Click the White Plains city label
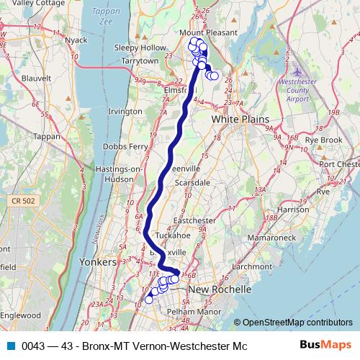pyautogui.click(x=240, y=119)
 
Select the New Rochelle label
pyautogui.click(x=219, y=289)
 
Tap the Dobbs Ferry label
pyautogui.click(x=126, y=145)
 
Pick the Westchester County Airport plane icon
pyautogui.click(x=298, y=73)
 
